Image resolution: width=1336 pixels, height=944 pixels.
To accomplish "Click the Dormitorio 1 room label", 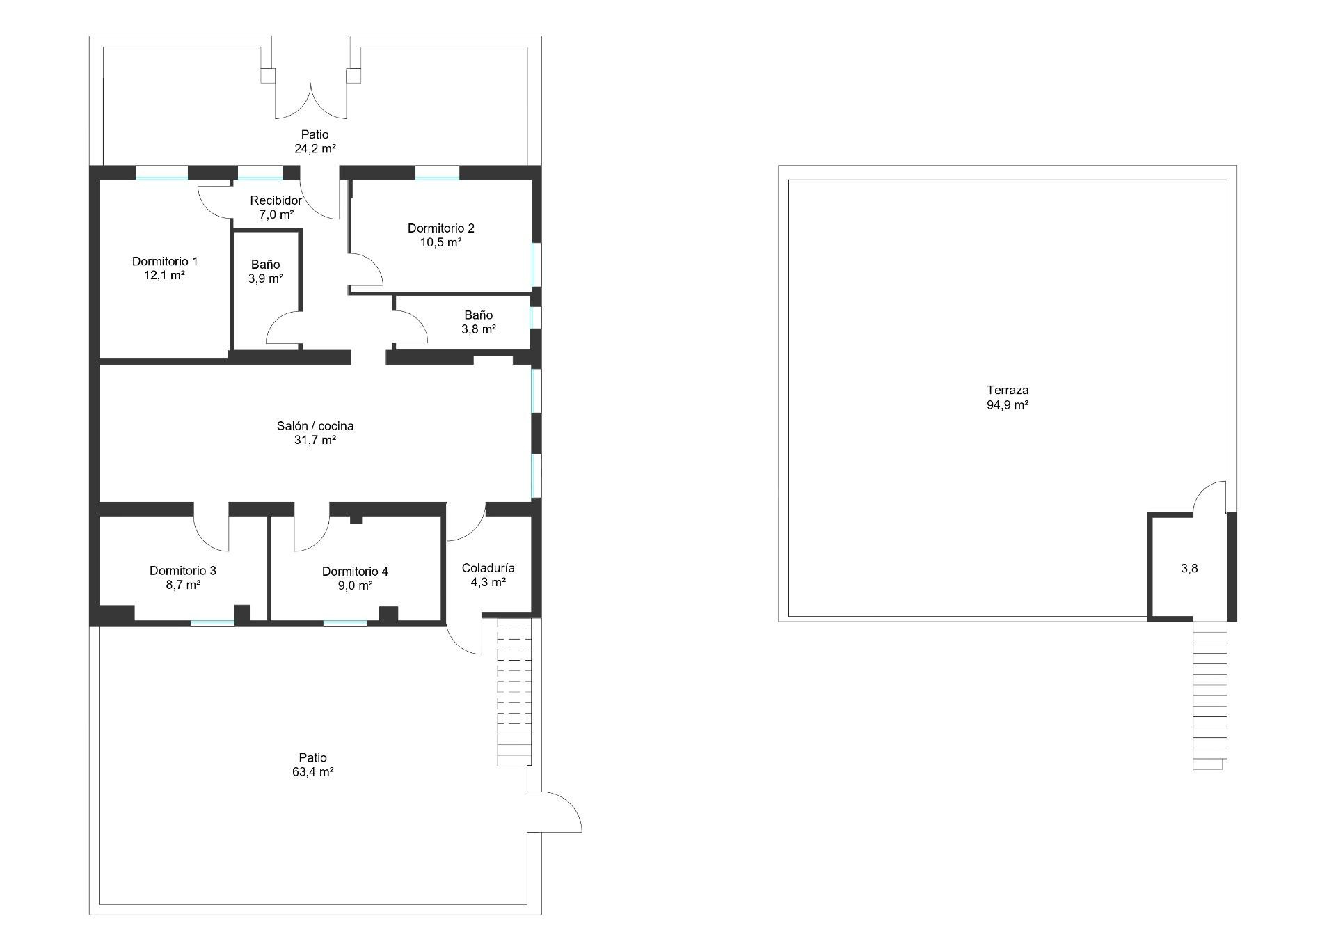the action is [165, 262].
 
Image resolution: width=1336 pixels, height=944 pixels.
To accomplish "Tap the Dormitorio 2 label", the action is [441, 228].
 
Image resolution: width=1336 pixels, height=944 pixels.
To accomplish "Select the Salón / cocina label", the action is [315, 426].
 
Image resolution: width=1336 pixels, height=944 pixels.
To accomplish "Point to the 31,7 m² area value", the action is [315, 440].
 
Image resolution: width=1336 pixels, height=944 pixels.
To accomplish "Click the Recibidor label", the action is [276, 200].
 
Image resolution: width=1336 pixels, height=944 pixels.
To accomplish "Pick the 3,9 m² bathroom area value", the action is [266, 278].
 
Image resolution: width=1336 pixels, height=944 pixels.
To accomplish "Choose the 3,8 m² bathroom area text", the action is [479, 329].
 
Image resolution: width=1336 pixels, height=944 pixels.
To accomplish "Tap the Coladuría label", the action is [488, 568].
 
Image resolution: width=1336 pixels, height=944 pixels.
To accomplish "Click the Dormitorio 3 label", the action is [183, 571].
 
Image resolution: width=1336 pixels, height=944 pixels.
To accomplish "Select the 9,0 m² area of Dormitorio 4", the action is [355, 585].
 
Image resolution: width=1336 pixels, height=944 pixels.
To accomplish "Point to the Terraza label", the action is [1008, 391].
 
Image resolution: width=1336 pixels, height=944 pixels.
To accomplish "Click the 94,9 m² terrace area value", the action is [1008, 404].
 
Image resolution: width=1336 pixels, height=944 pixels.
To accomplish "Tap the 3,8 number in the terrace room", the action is [1189, 568].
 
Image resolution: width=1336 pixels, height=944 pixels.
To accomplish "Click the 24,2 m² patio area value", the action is [315, 148].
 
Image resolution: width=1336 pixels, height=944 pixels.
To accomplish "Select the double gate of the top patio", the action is [311, 101].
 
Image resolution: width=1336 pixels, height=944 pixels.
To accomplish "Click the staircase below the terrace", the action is [1210, 695].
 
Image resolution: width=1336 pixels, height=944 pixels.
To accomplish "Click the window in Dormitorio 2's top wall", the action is [437, 173].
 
